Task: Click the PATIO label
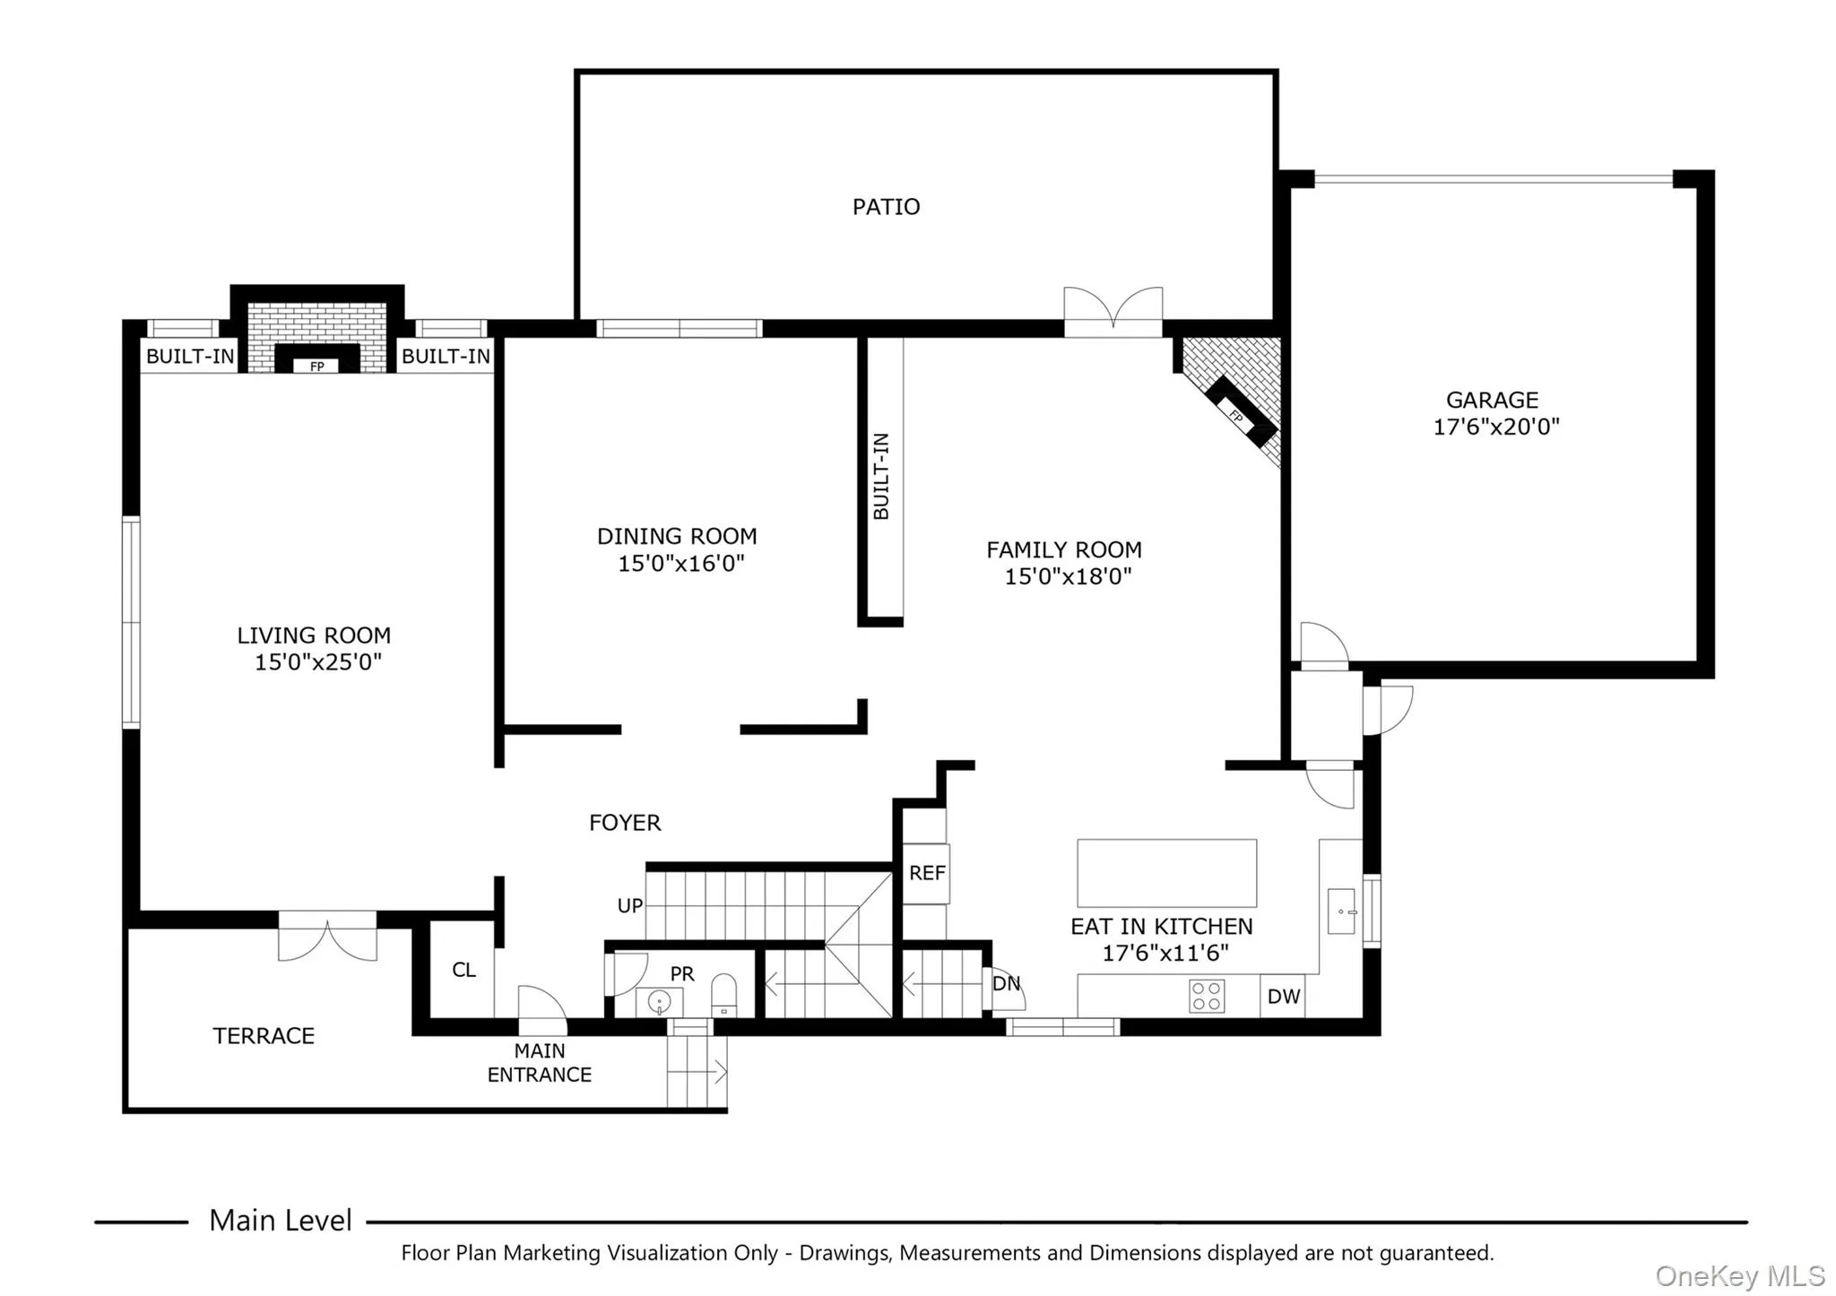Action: coord(886,207)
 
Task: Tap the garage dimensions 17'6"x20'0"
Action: coord(1495,427)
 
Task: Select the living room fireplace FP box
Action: coord(316,366)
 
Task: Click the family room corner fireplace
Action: coord(1240,411)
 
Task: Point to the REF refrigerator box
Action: coord(926,873)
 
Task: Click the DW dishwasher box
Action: coord(1283,996)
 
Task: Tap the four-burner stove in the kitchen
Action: coord(1207,996)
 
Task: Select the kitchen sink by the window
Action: coord(1340,911)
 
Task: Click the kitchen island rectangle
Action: coord(1166,873)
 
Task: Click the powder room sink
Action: coord(659,1001)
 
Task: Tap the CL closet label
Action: coord(463,970)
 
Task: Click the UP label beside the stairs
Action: coord(629,906)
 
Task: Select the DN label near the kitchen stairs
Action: coord(1006,983)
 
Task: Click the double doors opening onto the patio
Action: coord(1113,311)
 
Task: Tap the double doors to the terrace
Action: coord(327,937)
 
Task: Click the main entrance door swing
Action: coord(541,1004)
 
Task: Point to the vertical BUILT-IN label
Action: coord(881,476)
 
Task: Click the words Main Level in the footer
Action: coord(280,1220)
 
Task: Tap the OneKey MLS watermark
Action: coord(1739,1275)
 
